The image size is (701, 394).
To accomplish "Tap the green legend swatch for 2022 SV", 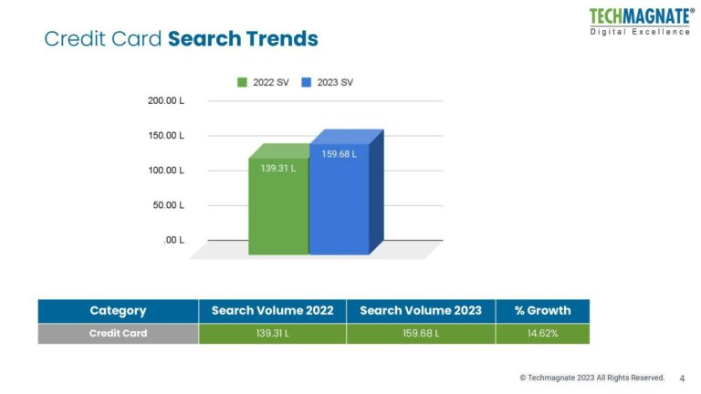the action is click(242, 82).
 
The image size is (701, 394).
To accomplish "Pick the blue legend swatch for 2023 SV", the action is click(307, 82).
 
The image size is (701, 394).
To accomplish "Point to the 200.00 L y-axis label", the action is click(166, 101).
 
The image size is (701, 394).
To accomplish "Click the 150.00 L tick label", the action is click(166, 136).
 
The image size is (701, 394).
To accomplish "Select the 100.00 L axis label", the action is click(166, 171).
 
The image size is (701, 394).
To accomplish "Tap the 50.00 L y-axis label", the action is click(168, 205).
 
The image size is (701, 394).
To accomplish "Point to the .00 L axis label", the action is click(173, 241).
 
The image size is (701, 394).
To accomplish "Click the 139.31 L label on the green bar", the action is click(278, 169).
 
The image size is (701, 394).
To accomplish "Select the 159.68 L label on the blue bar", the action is click(339, 154).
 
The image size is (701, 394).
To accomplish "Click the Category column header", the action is click(118, 311).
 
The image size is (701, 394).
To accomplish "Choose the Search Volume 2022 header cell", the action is click(272, 311).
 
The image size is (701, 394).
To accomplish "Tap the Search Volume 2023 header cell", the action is click(421, 311).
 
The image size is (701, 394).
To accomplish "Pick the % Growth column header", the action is click(543, 311).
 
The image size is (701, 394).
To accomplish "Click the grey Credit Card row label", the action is click(118, 334).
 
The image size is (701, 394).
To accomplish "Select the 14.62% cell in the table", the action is click(543, 334).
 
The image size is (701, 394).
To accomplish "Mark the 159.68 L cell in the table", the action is click(421, 334).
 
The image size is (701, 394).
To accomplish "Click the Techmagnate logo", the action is click(641, 22).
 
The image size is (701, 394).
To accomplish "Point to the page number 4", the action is click(682, 378).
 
